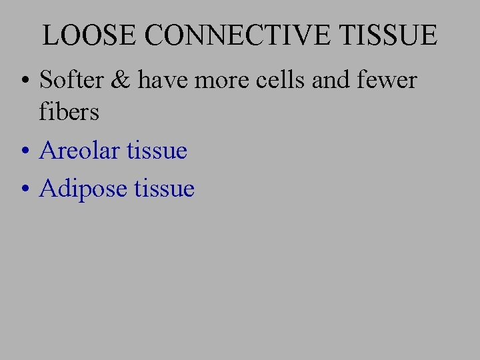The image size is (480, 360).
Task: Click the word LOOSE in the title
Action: [x=91, y=35]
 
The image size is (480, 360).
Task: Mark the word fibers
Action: [x=69, y=112]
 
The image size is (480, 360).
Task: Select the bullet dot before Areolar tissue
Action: [x=25, y=153]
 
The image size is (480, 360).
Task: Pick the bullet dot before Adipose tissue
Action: [x=25, y=191]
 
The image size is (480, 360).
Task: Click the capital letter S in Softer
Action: [x=47, y=80]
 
